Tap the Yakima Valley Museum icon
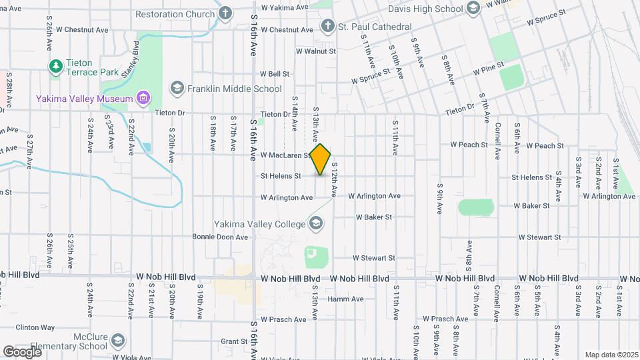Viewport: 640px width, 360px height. click(142, 99)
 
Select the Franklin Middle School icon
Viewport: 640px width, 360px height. click(177, 88)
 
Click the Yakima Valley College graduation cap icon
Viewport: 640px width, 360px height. click(316, 224)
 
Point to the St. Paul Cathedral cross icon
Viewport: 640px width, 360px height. click(327, 27)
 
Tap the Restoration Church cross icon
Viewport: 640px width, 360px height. click(225, 13)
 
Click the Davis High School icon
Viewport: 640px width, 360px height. click(473, 9)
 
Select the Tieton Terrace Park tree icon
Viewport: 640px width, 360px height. click(55, 66)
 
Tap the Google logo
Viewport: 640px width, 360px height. click(22, 351)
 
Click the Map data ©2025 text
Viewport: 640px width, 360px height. click(611, 355)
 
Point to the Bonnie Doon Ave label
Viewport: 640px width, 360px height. click(220, 237)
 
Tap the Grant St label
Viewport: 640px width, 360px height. click(235, 341)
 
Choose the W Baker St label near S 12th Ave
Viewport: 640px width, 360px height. click(373, 217)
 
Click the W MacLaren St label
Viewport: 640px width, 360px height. click(286, 155)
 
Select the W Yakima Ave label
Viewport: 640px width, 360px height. click(285, 7)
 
